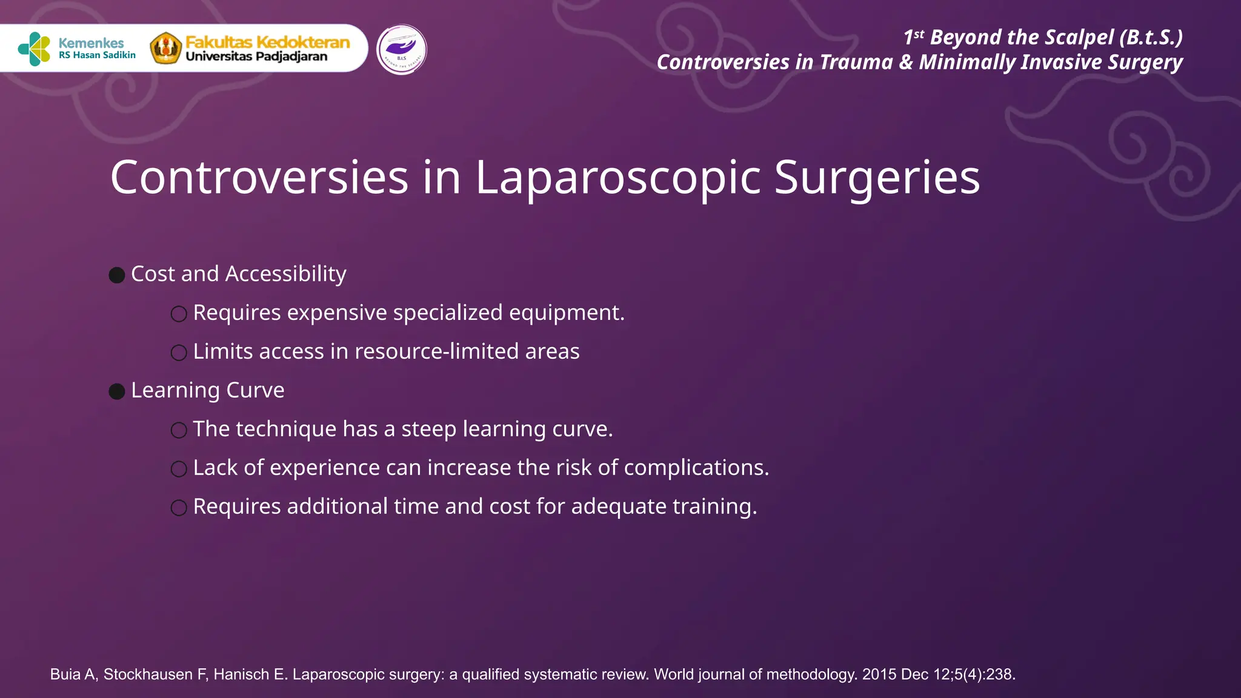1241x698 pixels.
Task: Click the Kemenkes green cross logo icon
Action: [35, 48]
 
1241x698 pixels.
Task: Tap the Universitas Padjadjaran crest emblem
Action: [166, 48]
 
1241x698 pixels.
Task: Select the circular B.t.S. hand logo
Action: [401, 49]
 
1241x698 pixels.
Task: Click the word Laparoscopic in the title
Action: [617, 178]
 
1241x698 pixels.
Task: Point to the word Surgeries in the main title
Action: [877, 178]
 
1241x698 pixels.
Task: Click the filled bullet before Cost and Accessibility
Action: [117, 275]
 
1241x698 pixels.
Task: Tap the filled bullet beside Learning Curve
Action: [117, 391]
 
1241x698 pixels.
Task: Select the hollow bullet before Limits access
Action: [179, 353]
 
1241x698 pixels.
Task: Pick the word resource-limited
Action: [436, 351]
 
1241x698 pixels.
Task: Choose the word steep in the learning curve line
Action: [429, 429]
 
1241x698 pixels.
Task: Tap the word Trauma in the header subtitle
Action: [856, 62]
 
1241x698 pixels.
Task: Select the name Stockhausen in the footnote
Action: [148, 674]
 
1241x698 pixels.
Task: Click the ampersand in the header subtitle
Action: [906, 62]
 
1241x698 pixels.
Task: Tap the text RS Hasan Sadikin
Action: [97, 55]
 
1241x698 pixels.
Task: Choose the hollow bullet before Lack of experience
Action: [179, 469]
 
